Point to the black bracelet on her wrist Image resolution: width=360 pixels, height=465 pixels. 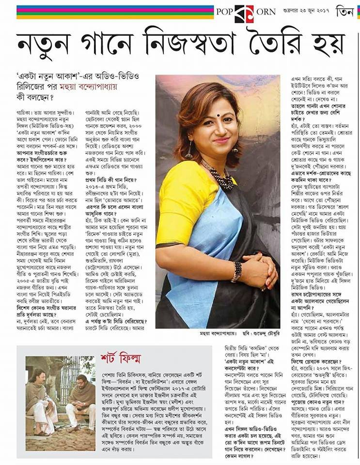[x=237, y=271]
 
